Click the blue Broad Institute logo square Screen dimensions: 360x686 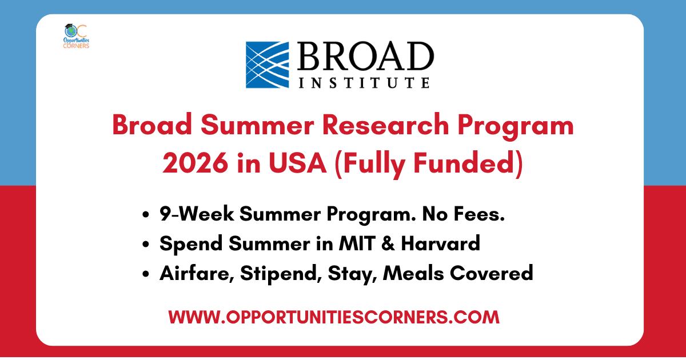tap(268, 65)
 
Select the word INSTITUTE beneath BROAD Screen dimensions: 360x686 tap(364, 83)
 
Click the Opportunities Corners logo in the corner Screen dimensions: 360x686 tap(76, 37)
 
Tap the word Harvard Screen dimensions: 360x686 tap(440, 244)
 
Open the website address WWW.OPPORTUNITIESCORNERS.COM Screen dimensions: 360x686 tap(334, 317)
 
